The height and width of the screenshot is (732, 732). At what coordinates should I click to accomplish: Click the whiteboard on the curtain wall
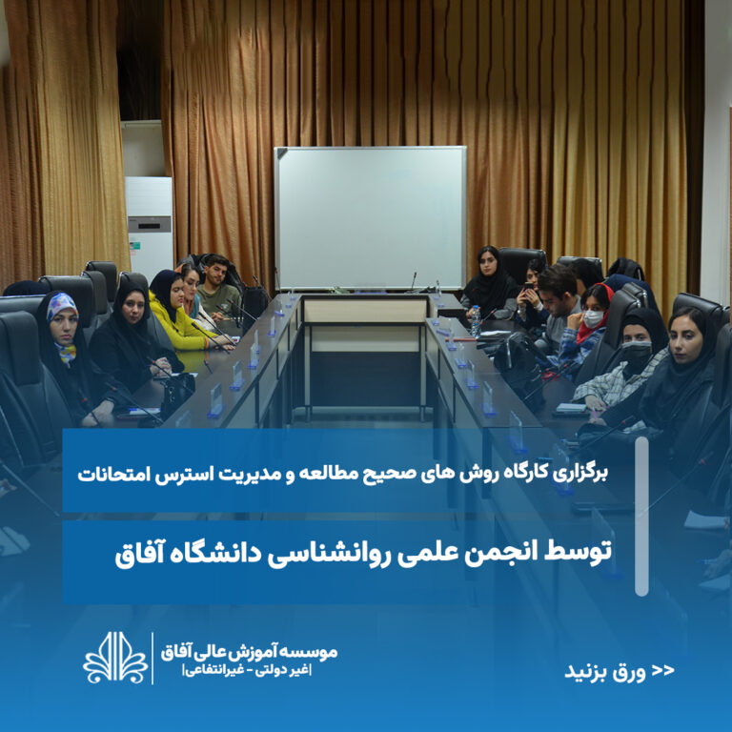(370, 218)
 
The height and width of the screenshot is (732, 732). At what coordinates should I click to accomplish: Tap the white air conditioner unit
(150, 228)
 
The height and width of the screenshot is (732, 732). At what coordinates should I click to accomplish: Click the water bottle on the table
(476, 320)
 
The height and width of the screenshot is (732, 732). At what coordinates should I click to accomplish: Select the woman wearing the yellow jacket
(180, 312)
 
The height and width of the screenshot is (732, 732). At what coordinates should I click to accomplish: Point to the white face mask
(594, 319)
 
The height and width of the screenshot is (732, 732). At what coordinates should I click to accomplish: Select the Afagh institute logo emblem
(115, 658)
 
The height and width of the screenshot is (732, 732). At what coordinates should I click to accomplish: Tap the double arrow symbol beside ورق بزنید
(663, 670)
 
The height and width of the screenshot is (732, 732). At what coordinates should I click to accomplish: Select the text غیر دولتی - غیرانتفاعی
(248, 670)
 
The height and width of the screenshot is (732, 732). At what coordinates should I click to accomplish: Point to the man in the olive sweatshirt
(217, 289)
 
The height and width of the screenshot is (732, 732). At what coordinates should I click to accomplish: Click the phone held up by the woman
(528, 287)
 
